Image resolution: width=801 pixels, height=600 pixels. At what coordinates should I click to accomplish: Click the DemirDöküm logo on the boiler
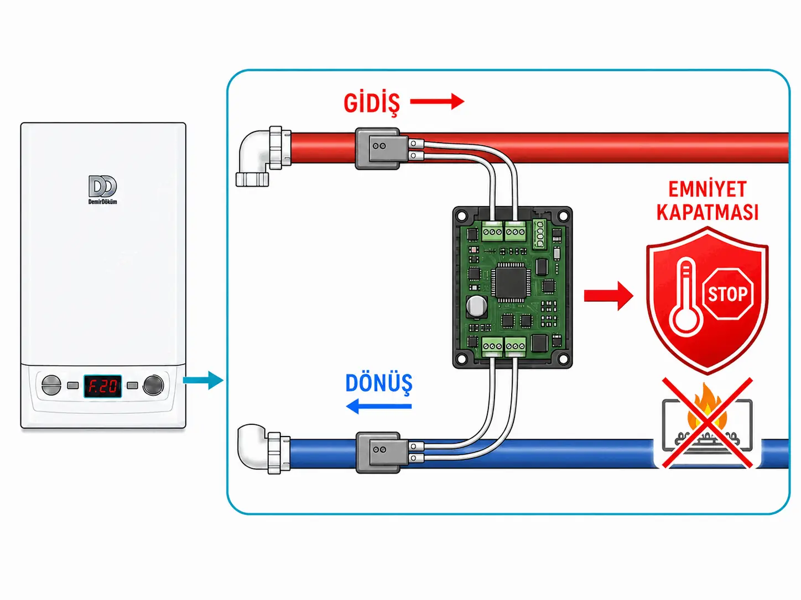click(102, 190)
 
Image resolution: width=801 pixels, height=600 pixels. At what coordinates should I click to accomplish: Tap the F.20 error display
click(102, 386)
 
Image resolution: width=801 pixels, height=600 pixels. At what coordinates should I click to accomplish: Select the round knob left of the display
click(51, 385)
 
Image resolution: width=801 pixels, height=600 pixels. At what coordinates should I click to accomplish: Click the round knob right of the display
click(153, 385)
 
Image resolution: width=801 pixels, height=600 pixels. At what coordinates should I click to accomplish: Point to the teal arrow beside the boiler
click(203, 380)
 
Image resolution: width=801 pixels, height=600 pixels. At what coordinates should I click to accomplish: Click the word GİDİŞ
click(372, 103)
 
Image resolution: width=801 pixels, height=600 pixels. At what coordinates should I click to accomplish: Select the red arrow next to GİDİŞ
click(437, 101)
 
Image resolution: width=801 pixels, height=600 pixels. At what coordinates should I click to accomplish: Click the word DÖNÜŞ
click(379, 384)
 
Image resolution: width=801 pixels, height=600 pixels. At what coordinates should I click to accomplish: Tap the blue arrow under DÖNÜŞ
click(378, 406)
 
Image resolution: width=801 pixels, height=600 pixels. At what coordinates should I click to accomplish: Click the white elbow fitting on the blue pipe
click(263, 449)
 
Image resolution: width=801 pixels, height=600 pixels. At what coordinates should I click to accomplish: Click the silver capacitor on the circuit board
click(477, 306)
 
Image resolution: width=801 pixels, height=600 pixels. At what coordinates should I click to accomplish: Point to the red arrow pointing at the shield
click(608, 296)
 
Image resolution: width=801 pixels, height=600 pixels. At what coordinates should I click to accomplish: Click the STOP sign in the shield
click(727, 294)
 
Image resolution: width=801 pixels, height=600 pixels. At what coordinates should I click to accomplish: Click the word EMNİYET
click(707, 190)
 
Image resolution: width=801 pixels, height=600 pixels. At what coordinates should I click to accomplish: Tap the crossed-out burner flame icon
click(707, 423)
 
